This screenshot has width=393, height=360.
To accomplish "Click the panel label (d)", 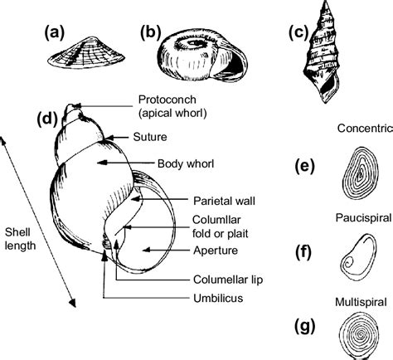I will pos(47,118).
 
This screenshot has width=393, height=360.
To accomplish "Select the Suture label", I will pos(150,137).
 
